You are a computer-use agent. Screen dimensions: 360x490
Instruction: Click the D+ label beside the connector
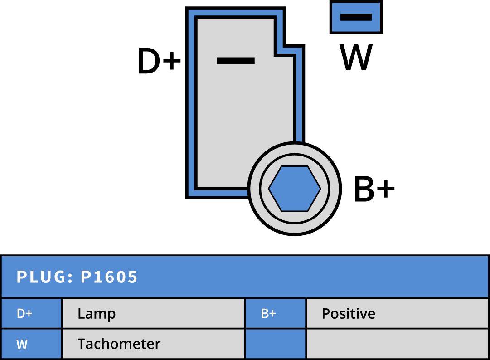[x=159, y=62]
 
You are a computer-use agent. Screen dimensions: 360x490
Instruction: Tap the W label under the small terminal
[x=356, y=58]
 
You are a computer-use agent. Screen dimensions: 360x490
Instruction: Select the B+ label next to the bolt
[x=374, y=190]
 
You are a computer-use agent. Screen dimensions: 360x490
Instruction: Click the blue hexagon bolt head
[x=295, y=189]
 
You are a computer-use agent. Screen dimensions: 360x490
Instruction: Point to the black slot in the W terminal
[x=356, y=17]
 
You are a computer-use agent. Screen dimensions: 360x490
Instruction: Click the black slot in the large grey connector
[x=236, y=60]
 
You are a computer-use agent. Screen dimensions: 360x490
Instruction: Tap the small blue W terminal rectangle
[x=356, y=17]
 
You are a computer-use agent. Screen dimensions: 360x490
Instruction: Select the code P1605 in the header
[x=109, y=277]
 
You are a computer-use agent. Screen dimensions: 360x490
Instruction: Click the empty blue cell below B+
[x=275, y=344]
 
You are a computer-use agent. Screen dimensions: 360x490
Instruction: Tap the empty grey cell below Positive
[x=397, y=344]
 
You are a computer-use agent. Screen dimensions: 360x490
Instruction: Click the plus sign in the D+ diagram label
[x=172, y=61]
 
